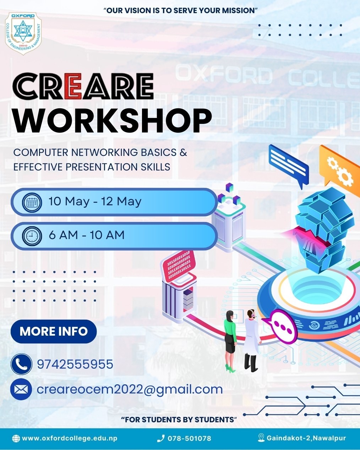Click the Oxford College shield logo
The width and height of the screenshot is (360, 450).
click(x=23, y=33)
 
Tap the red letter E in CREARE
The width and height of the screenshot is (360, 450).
click(x=73, y=86)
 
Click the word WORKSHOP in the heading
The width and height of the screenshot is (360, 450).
click(x=113, y=121)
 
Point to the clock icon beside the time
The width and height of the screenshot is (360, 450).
click(x=32, y=236)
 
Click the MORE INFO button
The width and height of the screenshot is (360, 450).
click(x=54, y=331)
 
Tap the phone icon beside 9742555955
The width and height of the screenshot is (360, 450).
click(x=21, y=364)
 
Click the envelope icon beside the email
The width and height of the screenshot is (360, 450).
click(x=21, y=389)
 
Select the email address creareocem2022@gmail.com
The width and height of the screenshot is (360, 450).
click(x=130, y=390)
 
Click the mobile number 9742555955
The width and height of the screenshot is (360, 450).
click(x=75, y=364)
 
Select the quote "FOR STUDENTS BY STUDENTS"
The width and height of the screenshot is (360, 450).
click(x=179, y=419)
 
